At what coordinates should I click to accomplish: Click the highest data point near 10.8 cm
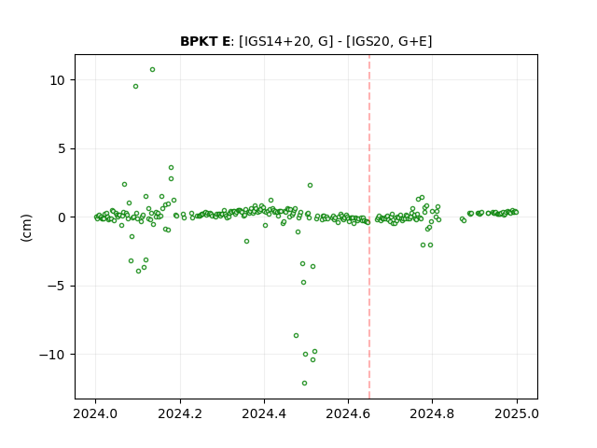click(x=152, y=70)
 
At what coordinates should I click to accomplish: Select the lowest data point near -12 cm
click(x=304, y=384)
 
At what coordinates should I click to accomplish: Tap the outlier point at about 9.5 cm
click(x=135, y=87)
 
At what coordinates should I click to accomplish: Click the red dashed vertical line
click(x=369, y=227)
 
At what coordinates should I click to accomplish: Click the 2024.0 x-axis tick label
click(x=95, y=413)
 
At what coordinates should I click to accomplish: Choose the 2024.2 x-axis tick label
click(x=180, y=413)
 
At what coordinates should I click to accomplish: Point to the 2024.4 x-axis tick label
click(x=264, y=413)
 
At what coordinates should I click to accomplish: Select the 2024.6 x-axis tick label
click(x=348, y=413)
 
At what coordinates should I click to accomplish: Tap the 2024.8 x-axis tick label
click(x=432, y=413)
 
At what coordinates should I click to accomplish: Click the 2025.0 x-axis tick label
click(x=517, y=413)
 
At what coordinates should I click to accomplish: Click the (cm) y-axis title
click(x=27, y=228)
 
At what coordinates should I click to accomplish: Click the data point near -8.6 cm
click(x=297, y=336)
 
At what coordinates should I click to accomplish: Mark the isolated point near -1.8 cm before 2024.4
click(x=246, y=241)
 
